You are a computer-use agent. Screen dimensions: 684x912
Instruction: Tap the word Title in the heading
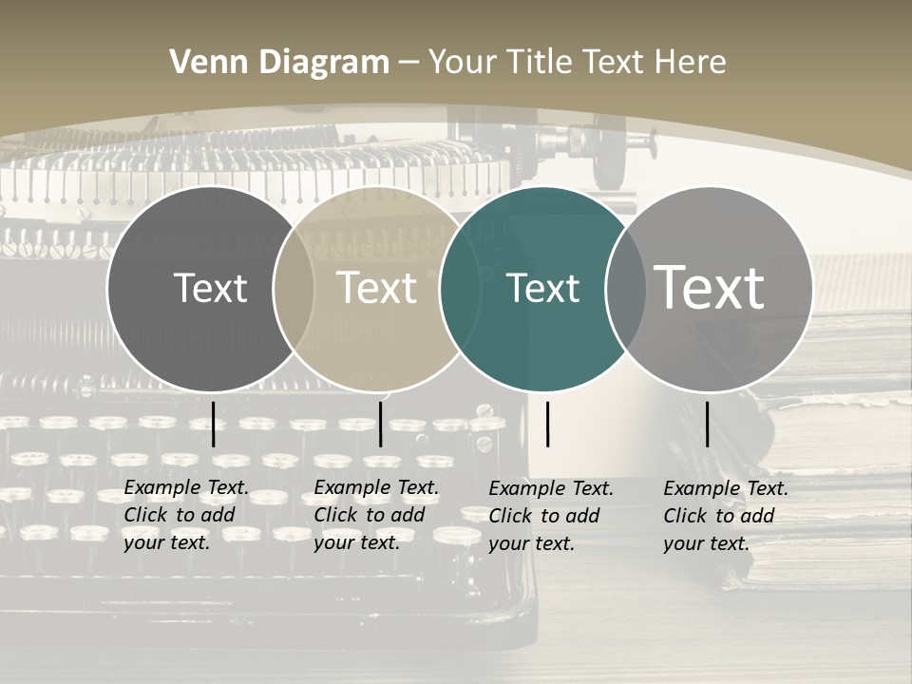pos(540,63)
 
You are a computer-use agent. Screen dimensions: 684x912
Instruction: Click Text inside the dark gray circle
pos(210,288)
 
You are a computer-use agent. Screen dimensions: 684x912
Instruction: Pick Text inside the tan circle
pos(377,288)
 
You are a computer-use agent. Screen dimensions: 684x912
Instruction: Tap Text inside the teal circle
pos(543,288)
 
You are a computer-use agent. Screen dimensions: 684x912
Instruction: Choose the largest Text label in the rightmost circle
pos(710,287)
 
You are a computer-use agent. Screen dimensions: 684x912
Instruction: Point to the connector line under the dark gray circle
pos(213,424)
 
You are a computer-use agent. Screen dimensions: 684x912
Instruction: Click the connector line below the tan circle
pos(380,424)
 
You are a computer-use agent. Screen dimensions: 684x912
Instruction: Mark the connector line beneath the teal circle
pos(548,424)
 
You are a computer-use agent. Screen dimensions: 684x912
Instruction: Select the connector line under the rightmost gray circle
pos(708,424)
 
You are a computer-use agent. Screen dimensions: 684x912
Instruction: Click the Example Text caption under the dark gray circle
pos(186,515)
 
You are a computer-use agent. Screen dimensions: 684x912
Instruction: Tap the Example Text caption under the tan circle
pos(376,515)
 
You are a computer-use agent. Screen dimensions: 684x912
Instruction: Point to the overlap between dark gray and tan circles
pos(294,289)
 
